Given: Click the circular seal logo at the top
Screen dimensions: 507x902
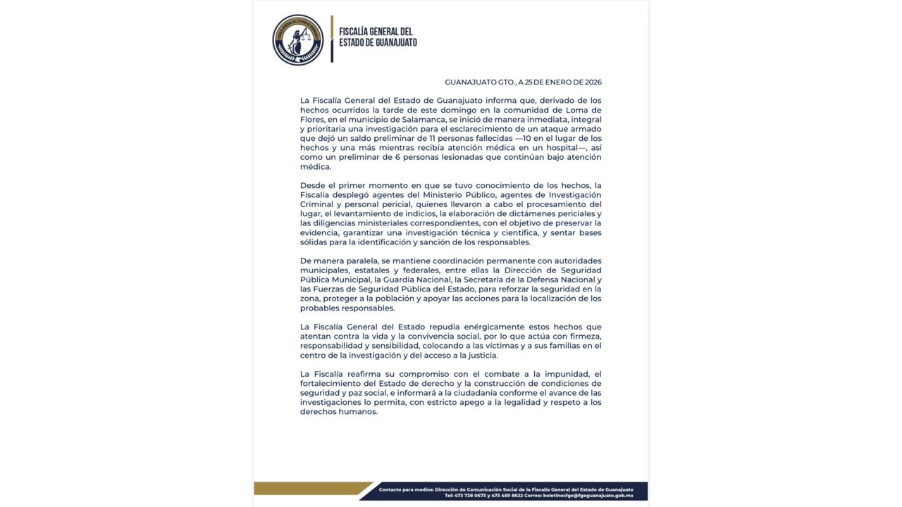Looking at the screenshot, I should click(298, 39).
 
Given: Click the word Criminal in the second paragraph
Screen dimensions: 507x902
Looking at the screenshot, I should click(317, 204).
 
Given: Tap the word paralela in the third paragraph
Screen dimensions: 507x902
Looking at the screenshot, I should click(359, 261).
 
